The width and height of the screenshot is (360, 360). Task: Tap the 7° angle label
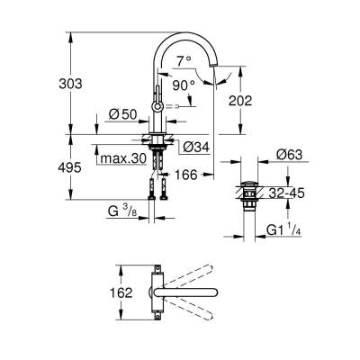point(184,62)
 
